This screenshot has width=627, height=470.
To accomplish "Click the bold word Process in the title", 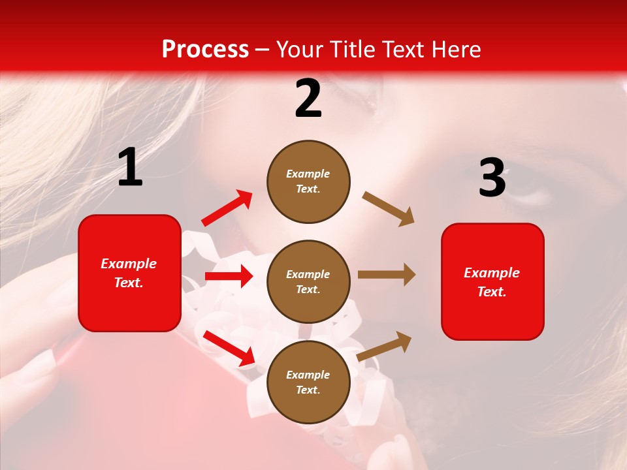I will (x=205, y=50).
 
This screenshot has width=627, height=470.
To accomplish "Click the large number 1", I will (x=130, y=168).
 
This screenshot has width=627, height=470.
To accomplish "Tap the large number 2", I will (x=308, y=99).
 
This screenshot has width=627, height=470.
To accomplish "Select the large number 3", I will (x=492, y=178).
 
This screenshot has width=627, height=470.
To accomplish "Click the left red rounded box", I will (x=129, y=273).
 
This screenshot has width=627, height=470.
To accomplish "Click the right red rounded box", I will (x=492, y=282).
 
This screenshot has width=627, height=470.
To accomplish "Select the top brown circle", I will (x=308, y=181).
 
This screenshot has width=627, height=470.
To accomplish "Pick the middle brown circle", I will (x=308, y=281).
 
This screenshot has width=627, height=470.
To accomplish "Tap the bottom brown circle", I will (x=308, y=382).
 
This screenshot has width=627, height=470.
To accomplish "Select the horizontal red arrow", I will (x=229, y=276).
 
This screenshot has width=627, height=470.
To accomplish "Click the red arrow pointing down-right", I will (x=229, y=349).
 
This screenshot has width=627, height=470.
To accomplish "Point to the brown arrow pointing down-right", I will (x=389, y=209).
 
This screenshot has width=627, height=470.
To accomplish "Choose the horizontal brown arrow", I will (x=387, y=275).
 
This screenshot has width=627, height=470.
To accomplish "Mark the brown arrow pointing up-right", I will (x=385, y=346).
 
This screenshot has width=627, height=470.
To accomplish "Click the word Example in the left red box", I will (x=129, y=264).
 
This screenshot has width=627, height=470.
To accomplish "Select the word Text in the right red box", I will (x=491, y=292).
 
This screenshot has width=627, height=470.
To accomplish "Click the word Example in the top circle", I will (x=308, y=174).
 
